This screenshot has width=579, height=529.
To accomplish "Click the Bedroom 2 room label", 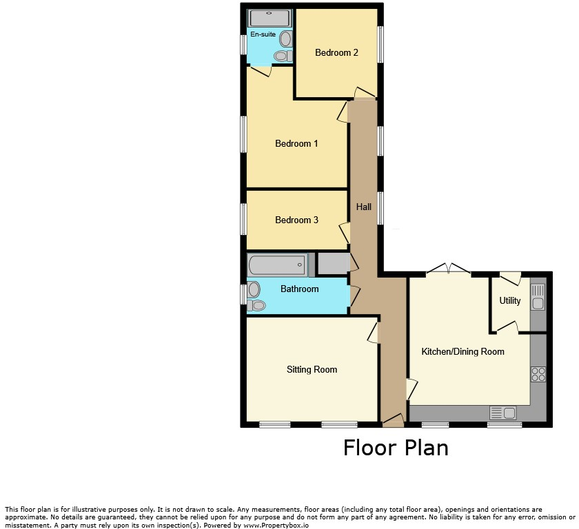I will point(336,53).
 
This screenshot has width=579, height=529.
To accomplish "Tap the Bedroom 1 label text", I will point(296,143).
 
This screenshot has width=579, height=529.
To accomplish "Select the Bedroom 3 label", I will point(296,220).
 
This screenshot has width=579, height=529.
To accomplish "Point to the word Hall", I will point(363,207).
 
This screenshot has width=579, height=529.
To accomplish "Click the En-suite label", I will point(263,34).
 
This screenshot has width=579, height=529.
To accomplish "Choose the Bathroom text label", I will point(299,289).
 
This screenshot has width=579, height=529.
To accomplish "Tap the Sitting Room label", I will point(312,369).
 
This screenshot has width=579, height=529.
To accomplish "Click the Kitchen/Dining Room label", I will point(463,351).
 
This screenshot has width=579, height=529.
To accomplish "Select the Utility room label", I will point(509,300).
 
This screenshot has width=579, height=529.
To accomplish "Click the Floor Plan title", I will point(396,448).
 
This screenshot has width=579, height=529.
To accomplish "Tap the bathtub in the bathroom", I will point(277,264).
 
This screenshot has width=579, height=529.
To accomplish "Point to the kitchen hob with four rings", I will point(538,374).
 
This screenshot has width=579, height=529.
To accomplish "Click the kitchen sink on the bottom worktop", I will point(503,413).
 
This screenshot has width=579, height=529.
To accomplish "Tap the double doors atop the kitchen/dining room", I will point(448,269).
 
